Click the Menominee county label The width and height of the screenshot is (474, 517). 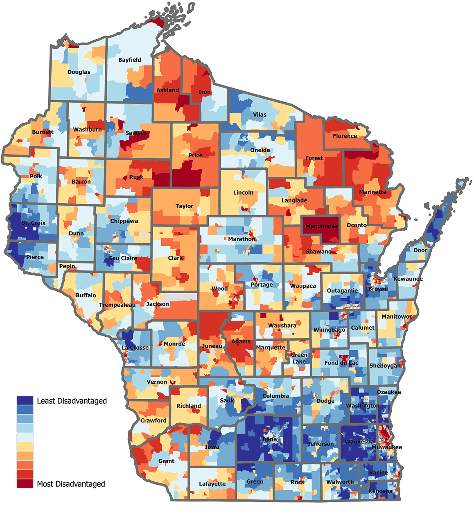(322, 226)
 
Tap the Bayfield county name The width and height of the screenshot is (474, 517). (129, 60)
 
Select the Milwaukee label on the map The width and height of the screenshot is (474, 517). (386, 447)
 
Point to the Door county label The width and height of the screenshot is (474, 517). (420, 250)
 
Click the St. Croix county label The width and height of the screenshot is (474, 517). (34, 223)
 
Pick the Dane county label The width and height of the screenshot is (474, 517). (269, 439)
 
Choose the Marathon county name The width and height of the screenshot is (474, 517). (242, 239)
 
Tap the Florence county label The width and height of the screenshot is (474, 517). (345, 136)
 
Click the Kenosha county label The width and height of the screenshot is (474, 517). (380, 491)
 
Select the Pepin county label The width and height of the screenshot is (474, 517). (67, 266)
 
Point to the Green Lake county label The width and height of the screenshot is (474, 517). (299, 358)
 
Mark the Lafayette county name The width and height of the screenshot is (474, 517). (212, 483)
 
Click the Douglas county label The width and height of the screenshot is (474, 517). (79, 72)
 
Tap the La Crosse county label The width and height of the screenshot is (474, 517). (135, 348)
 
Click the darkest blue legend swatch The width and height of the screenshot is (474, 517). (25, 400)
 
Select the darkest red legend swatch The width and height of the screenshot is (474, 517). (25, 483)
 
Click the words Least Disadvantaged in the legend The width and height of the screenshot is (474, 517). (72, 401)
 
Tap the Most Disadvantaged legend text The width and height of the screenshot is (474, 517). (71, 484)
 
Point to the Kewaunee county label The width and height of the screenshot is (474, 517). (408, 279)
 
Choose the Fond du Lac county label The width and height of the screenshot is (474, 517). (341, 363)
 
